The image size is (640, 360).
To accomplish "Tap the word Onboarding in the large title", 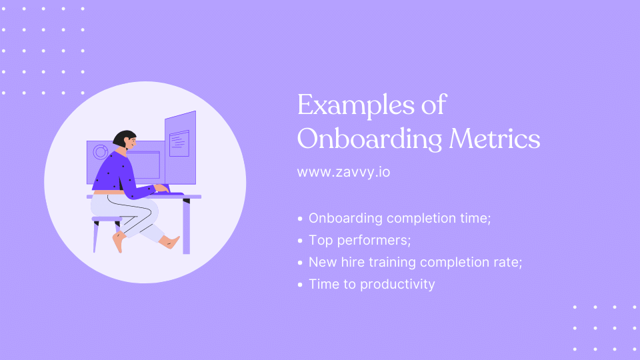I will click(369, 139).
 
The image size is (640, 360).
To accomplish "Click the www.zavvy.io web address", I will click(343, 171).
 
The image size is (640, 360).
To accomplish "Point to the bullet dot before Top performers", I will click(301, 239).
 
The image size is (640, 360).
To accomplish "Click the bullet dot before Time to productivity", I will click(301, 284).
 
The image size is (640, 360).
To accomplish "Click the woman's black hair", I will click(122, 138).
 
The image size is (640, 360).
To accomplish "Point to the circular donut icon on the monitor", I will click(101, 152).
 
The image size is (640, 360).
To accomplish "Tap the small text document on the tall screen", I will click(179, 143).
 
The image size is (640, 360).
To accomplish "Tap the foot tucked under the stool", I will click(119, 243).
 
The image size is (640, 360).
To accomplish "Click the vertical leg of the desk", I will click(186, 226).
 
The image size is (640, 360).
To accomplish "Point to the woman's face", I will click(131, 142).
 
